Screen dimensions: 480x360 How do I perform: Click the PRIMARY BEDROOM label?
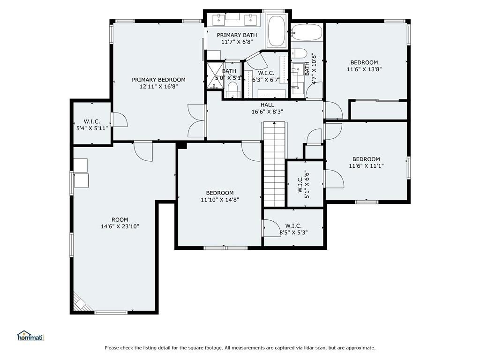pos(158,80)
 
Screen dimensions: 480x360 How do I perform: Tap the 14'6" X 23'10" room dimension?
pos(120,227)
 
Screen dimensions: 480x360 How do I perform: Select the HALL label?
pos(267,105)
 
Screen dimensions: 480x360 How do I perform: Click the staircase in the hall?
pos(275,164)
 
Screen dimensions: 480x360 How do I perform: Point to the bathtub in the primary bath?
pos(277,30)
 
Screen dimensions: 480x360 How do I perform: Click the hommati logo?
pos(30,336)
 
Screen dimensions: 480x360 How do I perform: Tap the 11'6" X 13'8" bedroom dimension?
pos(364,69)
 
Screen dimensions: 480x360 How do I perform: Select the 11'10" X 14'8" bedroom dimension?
pos(220,200)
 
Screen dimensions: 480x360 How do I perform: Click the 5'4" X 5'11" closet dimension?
pos(92,128)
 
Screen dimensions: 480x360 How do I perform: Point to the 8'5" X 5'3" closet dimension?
pos(293,232)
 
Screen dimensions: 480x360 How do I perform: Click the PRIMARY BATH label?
pos(237,35)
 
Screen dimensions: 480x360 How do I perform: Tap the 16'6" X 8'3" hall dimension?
pos(267,112)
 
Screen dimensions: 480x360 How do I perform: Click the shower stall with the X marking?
pos(216,75)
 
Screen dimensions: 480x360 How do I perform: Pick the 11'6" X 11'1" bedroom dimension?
pos(366,166)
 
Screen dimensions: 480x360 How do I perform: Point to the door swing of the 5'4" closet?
pos(120,120)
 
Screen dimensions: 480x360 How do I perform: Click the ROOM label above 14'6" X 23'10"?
pos(120,220)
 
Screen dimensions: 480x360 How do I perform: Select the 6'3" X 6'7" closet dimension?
pos(266,80)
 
